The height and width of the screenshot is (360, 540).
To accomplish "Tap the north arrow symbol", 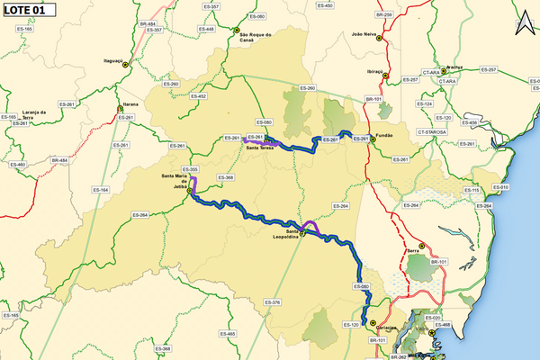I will coord(524,23).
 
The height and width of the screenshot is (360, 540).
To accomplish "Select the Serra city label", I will coord(414,248).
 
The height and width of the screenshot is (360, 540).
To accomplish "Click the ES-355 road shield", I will coord(189,169).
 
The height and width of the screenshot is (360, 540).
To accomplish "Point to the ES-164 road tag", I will coord(101,190).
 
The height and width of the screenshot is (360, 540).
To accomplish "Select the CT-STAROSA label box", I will coord(431,132).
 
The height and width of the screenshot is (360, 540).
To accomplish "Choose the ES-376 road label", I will coord(275,301).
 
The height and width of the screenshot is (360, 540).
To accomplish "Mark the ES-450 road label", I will coord(325,5).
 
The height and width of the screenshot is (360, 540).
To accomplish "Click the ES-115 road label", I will coord(472,190).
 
